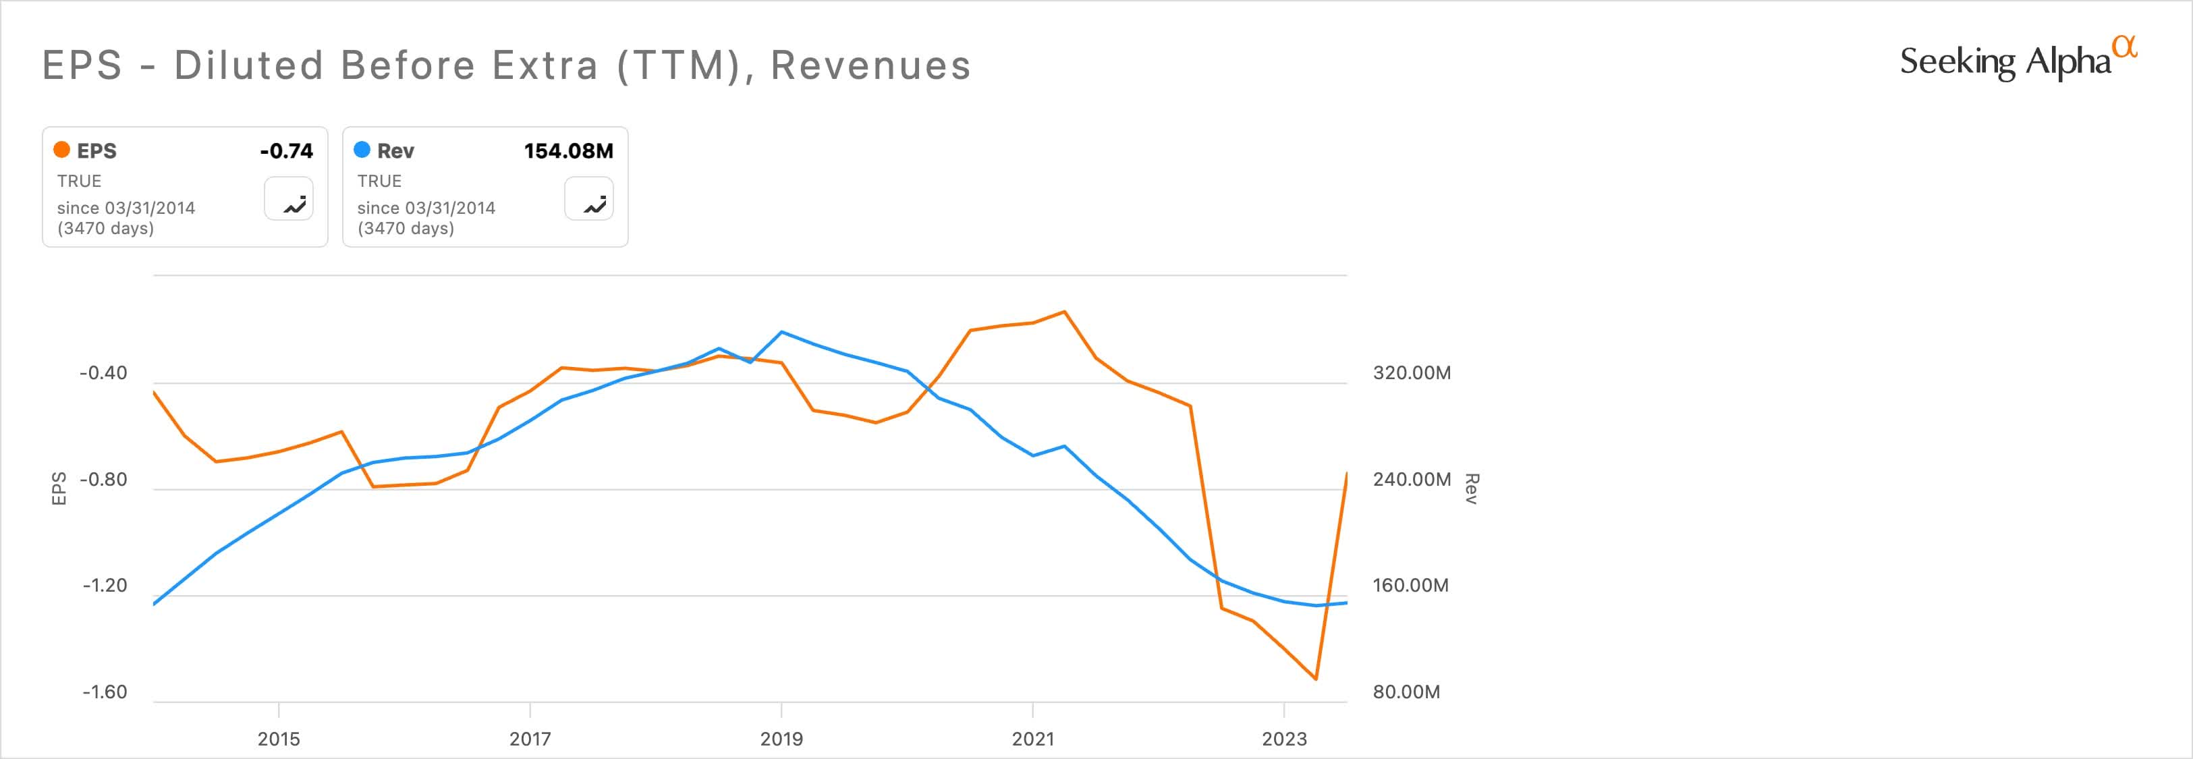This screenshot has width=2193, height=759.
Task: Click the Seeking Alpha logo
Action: click(2018, 59)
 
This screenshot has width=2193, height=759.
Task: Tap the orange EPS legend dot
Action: click(61, 150)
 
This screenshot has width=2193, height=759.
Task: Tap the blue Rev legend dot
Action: click(362, 150)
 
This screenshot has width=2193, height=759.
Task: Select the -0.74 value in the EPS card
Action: click(286, 150)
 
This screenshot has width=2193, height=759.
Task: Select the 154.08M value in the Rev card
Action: click(568, 150)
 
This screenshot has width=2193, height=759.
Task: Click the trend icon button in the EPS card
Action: click(289, 199)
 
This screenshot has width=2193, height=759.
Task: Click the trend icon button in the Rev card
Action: click(589, 199)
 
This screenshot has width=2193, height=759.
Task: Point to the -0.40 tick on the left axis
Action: click(103, 372)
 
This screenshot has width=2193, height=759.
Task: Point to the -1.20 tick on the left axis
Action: click(104, 586)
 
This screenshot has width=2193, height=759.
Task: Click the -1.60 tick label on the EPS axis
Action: click(104, 692)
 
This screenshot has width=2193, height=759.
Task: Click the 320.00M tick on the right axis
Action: click(1412, 372)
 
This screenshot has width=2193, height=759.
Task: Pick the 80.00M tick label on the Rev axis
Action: click(1406, 692)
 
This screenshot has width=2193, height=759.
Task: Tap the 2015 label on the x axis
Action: click(279, 739)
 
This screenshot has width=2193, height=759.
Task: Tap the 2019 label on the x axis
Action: click(781, 739)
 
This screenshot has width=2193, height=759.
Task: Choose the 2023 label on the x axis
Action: click(1284, 739)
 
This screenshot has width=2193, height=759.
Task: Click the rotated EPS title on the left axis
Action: click(59, 488)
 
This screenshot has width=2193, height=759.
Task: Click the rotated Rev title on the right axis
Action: click(1471, 488)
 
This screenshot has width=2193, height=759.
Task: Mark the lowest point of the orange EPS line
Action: click(1316, 679)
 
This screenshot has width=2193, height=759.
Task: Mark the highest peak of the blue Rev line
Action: click(781, 332)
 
